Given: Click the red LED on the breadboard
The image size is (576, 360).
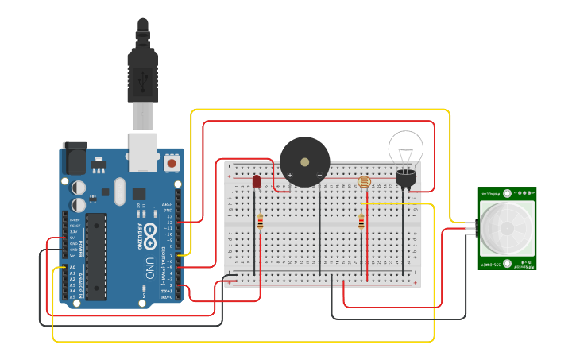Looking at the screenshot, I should coord(257,182).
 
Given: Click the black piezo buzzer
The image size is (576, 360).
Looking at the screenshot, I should coord(304,162).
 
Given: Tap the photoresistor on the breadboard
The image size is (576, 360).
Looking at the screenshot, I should coord(365,182).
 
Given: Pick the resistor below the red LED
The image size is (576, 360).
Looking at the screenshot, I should coord(260,222).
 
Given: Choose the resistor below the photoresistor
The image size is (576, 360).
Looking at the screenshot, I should coord(361,222).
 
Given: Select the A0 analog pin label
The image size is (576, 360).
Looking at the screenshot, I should coord(72,268).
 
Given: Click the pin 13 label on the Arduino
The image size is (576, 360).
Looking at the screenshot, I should coord(168,216).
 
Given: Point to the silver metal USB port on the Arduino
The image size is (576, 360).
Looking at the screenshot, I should coord(143,151).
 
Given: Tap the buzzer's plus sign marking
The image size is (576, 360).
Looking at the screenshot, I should coord(289,175).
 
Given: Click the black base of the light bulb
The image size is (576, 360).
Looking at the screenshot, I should coord(406,178).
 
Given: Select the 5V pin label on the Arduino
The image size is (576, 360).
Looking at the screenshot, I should coord(73,238).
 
